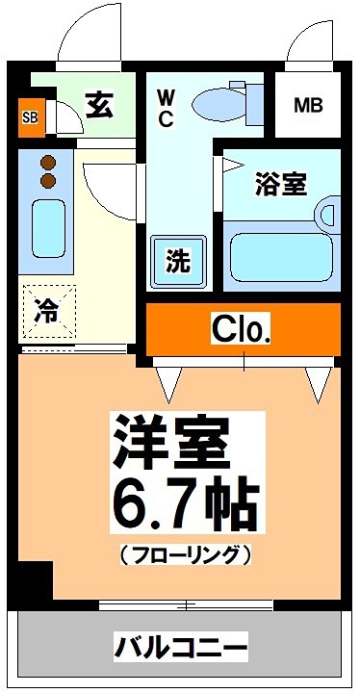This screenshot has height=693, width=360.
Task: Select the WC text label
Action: click(165, 108)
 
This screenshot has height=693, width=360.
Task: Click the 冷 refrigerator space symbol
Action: click(46, 311)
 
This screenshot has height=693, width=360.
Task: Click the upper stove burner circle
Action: click(45, 161)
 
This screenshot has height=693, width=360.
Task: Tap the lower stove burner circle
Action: click(45, 180)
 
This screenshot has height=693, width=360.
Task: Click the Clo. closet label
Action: click(242, 330)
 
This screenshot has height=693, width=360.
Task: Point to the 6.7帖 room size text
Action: click(187, 500)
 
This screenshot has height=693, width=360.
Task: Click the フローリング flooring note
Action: click(187, 555)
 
